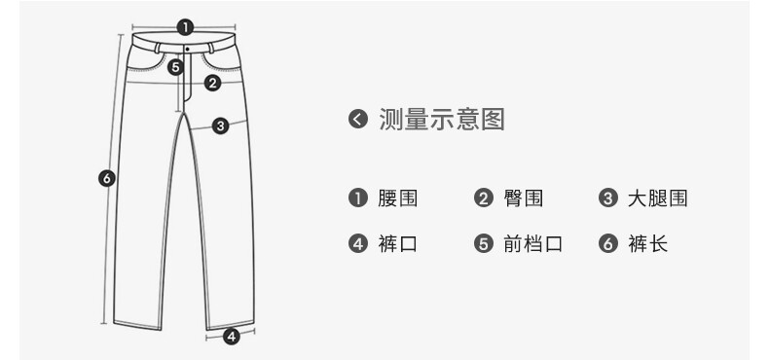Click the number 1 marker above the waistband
tap(185, 27)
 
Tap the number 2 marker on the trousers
tap(212, 83)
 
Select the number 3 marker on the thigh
tap(220, 126)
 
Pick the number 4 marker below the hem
tap(232, 337)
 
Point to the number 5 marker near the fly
tap(175, 67)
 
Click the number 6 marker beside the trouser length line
tap(107, 177)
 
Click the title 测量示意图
tap(441, 119)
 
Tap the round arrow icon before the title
tap(358, 119)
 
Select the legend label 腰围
tap(397, 198)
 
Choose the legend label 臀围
tap(523, 198)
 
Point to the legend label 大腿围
tap(658, 198)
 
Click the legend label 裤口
tap(397, 243)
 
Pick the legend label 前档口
tap(532, 243)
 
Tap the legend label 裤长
tap(648, 243)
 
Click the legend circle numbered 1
tap(358, 198)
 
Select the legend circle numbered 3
tap(608, 198)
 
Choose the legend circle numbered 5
tap(484, 243)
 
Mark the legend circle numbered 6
tap(608, 243)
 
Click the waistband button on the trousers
tap(187, 49)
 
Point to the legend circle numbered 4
tap(358, 243)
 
